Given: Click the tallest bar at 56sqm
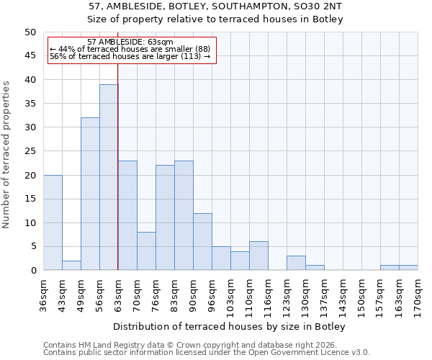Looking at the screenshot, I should pos(109,177).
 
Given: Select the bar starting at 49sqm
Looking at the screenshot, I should pos(90,194).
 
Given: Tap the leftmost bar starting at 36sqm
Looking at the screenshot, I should pos(53,222).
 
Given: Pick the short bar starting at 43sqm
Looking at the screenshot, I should pos(71,265).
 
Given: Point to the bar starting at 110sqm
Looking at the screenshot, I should pos(258,256).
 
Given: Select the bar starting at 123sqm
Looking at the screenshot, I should pos(296,263).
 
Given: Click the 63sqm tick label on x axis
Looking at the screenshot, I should pos(118,291).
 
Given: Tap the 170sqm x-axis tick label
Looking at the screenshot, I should pos(418,291).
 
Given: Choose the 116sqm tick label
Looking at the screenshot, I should pos(268,292).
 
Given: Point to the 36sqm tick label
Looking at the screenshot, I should pos(43,291).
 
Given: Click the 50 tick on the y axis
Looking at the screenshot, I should pos(30,32).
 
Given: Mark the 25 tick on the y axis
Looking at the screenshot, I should pos(30,151).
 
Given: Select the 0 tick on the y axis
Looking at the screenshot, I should pos(32,271).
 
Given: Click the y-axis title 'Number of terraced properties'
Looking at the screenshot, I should pos(6,154).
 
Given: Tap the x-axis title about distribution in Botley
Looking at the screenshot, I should pos(230,327).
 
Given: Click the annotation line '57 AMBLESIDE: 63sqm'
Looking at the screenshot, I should pos(130,42).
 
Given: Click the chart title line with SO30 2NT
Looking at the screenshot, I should pos(215,6).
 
